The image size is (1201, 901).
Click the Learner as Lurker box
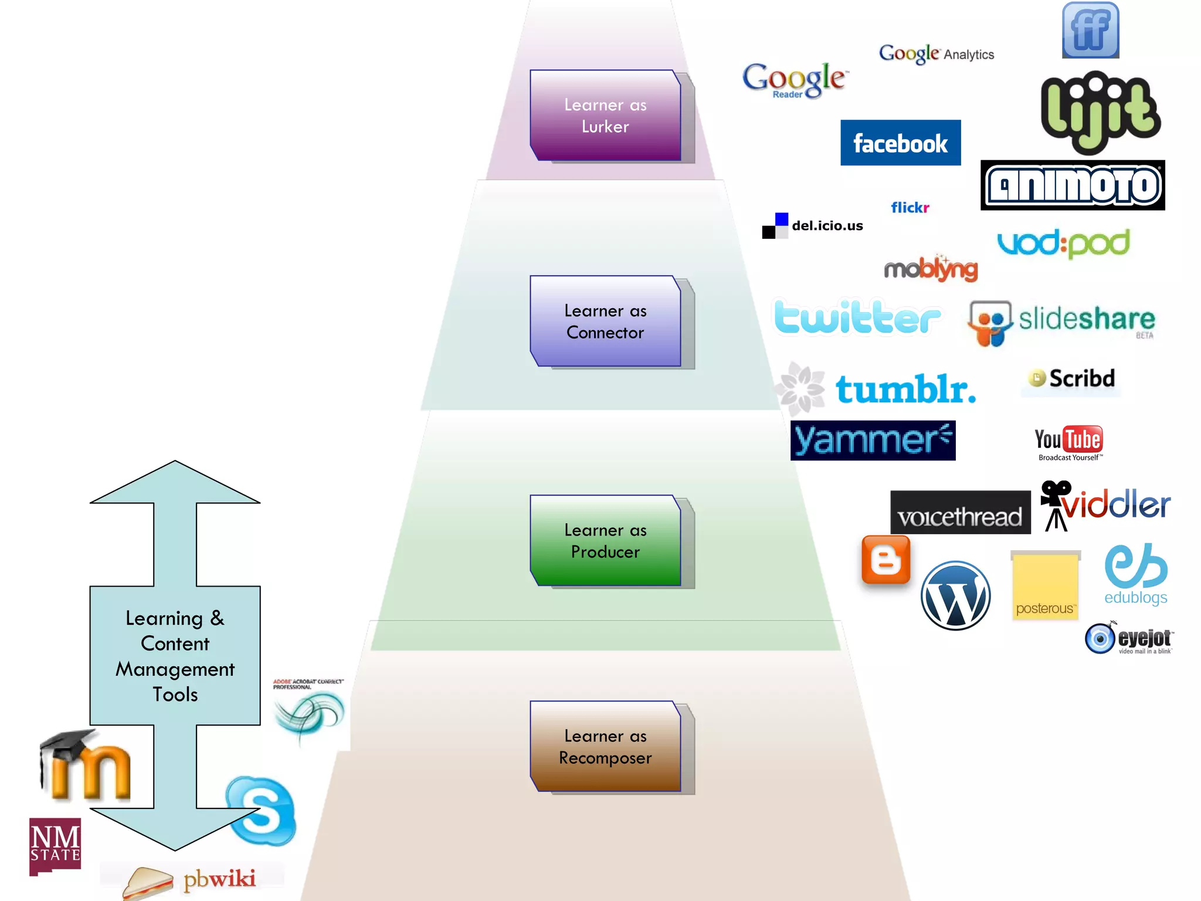[x=605, y=116]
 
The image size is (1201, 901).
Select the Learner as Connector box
[x=605, y=321]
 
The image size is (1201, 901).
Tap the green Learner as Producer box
[x=605, y=540]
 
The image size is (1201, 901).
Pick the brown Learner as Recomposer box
[x=605, y=746]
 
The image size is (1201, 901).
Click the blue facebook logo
[x=900, y=143]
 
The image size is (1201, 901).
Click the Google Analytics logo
[x=937, y=54]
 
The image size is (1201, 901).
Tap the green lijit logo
[x=1100, y=111]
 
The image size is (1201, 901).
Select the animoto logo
[x=1073, y=185]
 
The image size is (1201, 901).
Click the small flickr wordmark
[x=910, y=208]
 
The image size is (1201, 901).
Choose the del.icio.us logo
[x=812, y=226]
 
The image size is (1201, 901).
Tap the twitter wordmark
[x=857, y=317]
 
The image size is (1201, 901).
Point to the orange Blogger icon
[x=886, y=560]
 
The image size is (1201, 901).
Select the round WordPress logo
[x=955, y=596]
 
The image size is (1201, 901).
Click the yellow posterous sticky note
[x=1045, y=585]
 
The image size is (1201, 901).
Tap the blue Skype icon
[x=262, y=811]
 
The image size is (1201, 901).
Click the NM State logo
[x=55, y=845]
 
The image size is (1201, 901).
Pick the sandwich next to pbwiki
[x=148, y=882]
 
